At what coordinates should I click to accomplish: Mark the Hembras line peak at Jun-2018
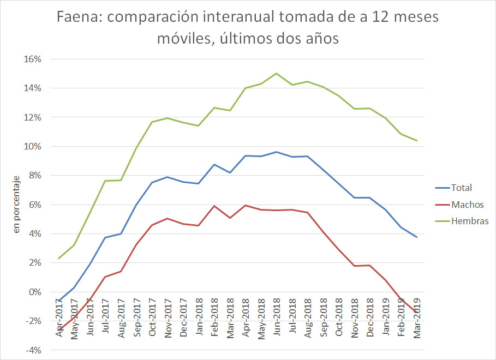pyautogui.click(x=277, y=73)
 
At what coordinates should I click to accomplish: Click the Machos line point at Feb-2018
pyautogui.click(x=214, y=206)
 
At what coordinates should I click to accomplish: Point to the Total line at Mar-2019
pyautogui.click(x=417, y=237)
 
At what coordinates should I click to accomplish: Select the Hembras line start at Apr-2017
pyautogui.click(x=58, y=259)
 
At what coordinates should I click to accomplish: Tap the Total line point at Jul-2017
pyautogui.click(x=105, y=237)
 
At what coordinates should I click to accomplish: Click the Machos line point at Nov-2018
pyautogui.click(x=355, y=266)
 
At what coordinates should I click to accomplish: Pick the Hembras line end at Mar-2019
pyautogui.click(x=417, y=141)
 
